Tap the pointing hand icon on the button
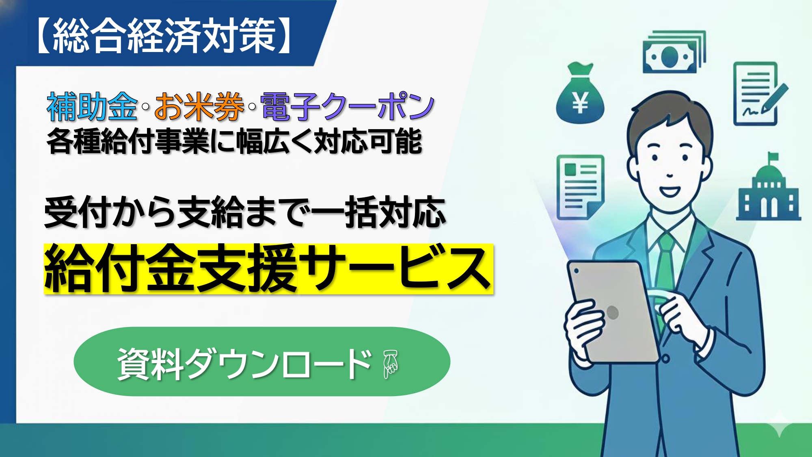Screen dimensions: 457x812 point(391,363)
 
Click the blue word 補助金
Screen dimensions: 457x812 point(92,107)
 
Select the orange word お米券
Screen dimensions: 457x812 point(199,107)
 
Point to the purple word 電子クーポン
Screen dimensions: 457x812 point(348,107)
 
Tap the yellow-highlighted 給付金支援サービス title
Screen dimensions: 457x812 point(268,269)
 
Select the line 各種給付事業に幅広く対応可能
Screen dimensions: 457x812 point(234,141)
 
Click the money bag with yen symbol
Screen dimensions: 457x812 point(580,95)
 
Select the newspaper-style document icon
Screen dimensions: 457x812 point(580,187)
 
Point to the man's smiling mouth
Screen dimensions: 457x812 point(669,191)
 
